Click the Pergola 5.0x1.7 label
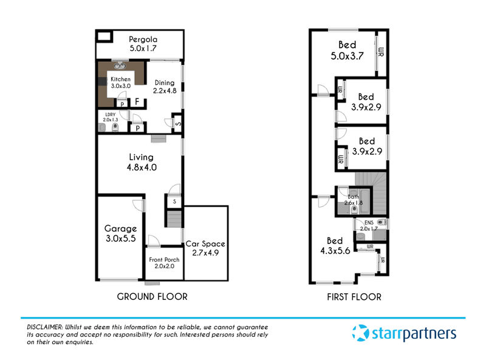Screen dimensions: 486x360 click(143, 44)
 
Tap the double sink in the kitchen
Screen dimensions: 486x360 click(120, 66)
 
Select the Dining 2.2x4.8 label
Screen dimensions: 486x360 click(165, 87)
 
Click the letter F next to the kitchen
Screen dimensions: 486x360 click(137, 101)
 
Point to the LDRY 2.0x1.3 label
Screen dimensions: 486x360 click(111, 117)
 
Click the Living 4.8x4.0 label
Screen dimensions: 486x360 click(142, 162)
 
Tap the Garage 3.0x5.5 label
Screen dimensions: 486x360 click(120, 233)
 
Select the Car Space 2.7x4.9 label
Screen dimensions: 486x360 click(205, 248)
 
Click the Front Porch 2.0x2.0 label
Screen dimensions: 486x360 click(164, 263)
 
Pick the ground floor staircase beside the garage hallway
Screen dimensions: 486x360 click(174, 219)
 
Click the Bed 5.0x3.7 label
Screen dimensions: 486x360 click(347, 50)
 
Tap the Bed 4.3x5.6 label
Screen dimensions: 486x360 click(335, 246)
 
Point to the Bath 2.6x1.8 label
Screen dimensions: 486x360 click(354, 200)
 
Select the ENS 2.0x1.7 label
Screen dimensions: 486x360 click(369, 226)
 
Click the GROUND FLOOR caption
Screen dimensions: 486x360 click(152, 297)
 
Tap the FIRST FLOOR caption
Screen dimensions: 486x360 click(354, 297)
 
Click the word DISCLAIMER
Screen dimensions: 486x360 click(45, 327)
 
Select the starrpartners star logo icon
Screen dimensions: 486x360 click(360, 333)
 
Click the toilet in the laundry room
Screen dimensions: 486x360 click(115, 127)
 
